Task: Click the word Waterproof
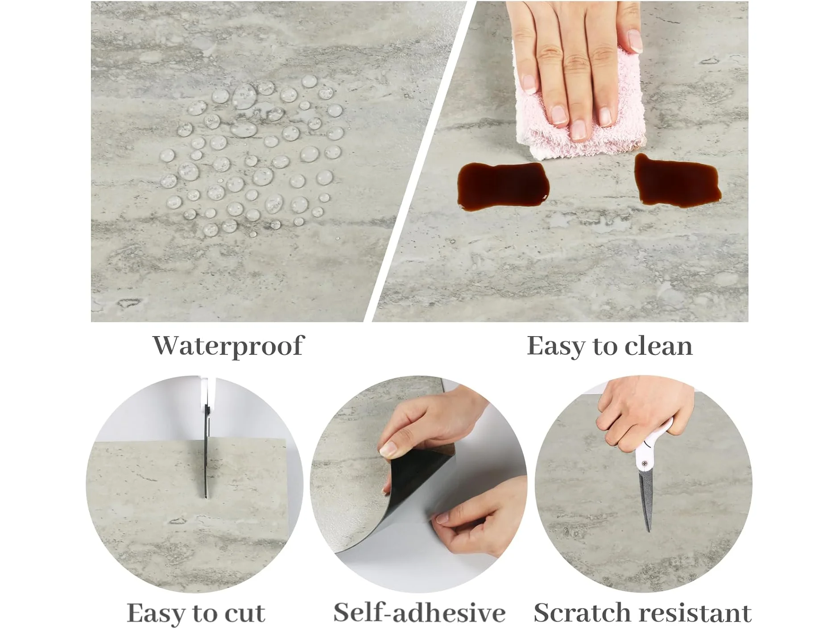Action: tap(228, 346)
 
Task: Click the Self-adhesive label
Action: tap(419, 612)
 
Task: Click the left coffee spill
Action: tap(503, 185)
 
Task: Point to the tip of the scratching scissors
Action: tap(648, 530)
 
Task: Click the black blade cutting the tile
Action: tap(206, 450)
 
